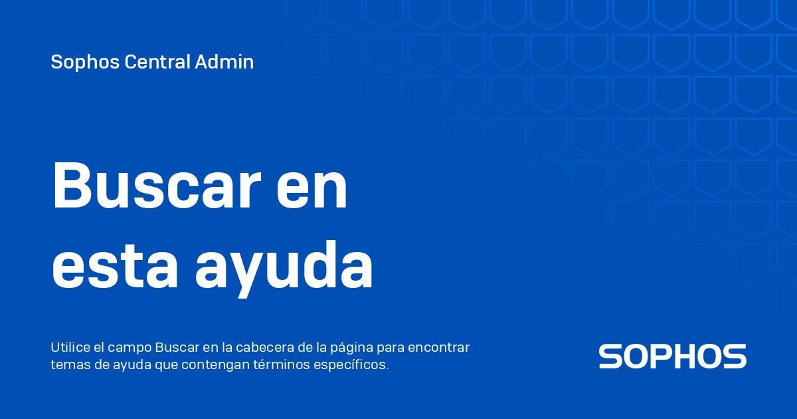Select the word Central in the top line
click(x=157, y=63)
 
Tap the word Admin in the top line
click(x=224, y=63)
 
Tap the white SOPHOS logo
click(x=672, y=356)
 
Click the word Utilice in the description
click(x=68, y=348)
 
